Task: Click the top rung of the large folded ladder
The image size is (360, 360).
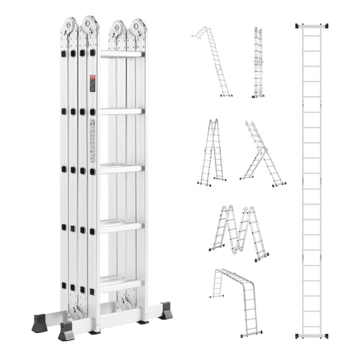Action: [x=122, y=54]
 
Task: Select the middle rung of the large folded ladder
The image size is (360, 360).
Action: [x=122, y=168]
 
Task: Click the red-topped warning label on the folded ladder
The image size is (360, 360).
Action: [x=93, y=83]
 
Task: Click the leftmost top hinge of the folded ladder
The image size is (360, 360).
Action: [x=70, y=28]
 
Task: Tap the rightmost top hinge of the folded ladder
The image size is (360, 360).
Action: [x=139, y=29]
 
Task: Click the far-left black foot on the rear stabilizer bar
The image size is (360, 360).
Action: [x=39, y=323]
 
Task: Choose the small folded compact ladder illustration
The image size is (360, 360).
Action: [x=258, y=62]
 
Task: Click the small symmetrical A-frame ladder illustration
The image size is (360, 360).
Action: [x=212, y=151]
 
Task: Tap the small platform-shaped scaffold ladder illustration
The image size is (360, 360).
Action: [x=236, y=297]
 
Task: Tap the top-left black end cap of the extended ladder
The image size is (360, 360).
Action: [x=298, y=26]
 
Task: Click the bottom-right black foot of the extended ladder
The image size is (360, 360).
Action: [x=326, y=336]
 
